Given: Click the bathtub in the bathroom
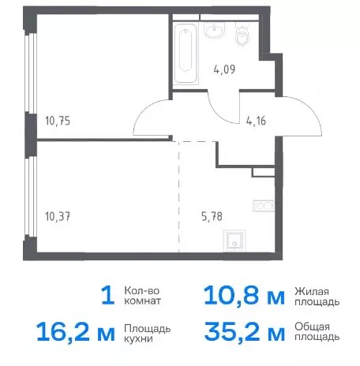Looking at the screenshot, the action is (x=186, y=54).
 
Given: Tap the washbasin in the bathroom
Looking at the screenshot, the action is (x=215, y=30).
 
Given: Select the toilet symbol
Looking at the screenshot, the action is (x=242, y=35).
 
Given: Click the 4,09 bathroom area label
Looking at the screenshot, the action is (x=224, y=70).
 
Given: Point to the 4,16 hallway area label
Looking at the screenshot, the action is (x=256, y=121).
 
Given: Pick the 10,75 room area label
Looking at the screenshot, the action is (x=58, y=121).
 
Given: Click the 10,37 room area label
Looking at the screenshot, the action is (x=58, y=217).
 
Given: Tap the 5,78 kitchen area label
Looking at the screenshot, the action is (x=212, y=217).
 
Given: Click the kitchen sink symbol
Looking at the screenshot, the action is (x=234, y=241).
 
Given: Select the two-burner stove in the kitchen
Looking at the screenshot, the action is (x=264, y=206).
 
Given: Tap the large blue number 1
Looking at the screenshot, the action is (x=108, y=296).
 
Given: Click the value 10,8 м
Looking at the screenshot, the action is (x=244, y=297).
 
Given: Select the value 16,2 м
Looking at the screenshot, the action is (x=76, y=332).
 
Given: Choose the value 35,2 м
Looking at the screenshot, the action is (x=245, y=332).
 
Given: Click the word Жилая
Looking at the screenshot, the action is (x=312, y=291).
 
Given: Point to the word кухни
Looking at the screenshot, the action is (x=138, y=338).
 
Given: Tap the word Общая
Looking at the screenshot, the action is (x=312, y=327).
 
